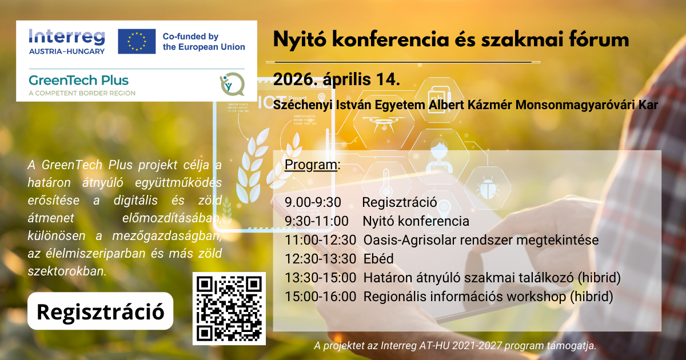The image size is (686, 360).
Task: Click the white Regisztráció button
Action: coord(100,311)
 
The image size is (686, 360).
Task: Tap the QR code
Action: coord(229,309)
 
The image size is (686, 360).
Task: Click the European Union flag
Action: coord(137,41)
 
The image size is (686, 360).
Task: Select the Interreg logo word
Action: coord(66,37)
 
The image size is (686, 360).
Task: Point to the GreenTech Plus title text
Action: coord(79,80)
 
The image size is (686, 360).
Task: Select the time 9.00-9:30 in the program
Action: coord(313,202)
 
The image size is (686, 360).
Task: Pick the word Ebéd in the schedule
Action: coord(378,259)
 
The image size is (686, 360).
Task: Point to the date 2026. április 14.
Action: coord(336,79)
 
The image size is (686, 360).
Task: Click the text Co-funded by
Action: coord(190,36)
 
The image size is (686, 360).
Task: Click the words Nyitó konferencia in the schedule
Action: coord(416,221)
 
